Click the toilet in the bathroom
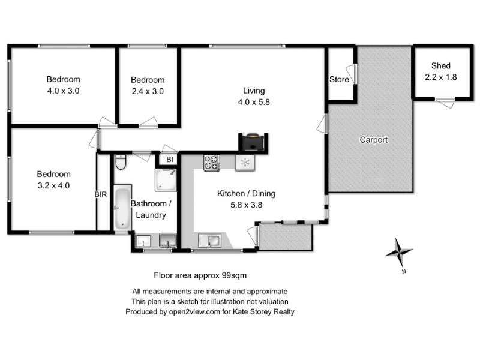(121, 162)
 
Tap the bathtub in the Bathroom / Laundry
(123, 208)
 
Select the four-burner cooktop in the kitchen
(212, 163)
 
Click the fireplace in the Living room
(253, 142)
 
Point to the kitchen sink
(209, 241)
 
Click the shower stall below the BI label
(166, 179)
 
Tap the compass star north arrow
(399, 252)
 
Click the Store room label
(339, 80)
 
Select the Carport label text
(373, 140)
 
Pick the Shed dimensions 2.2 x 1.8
(441, 77)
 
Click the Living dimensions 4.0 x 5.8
(254, 102)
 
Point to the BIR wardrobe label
(101, 194)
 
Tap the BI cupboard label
(170, 160)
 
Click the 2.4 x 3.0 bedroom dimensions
(148, 91)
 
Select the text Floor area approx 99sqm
(200, 275)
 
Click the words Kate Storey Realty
(263, 311)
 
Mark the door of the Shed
(445, 102)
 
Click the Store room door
(352, 74)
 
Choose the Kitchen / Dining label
(246, 193)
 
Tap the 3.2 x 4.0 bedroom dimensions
(53, 185)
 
